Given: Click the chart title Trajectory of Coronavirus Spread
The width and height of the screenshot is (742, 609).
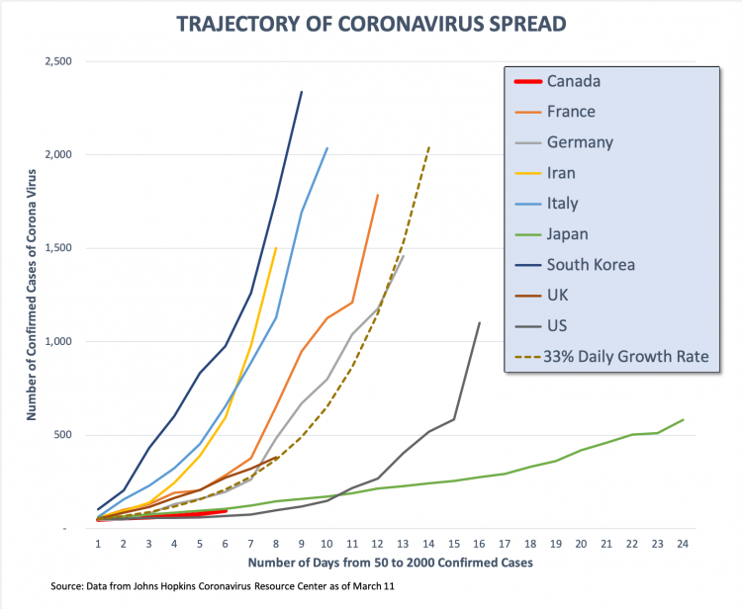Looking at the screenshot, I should pyautogui.click(x=371, y=23).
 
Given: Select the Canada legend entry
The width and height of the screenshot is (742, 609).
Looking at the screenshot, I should pyautogui.click(x=573, y=81).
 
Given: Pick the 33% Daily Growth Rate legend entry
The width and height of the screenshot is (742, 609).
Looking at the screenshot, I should pyautogui.click(x=618, y=356).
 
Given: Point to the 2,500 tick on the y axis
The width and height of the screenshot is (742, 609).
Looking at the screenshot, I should pyautogui.click(x=57, y=61).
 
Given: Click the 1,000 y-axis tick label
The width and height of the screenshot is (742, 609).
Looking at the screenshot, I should pyautogui.click(x=57, y=342).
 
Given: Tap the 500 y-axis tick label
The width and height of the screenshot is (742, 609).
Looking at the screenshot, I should pyautogui.click(x=63, y=436).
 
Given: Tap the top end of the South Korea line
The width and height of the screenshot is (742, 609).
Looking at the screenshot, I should pyautogui.click(x=302, y=92).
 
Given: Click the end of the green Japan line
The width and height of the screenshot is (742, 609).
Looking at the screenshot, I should pyautogui.click(x=683, y=419).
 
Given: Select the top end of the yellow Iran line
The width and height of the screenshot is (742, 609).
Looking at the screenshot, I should pyautogui.click(x=276, y=248).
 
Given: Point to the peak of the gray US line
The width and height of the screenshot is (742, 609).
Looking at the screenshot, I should pyautogui.click(x=480, y=322).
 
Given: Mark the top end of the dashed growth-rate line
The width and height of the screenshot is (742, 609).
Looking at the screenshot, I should pyautogui.click(x=429, y=146).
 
